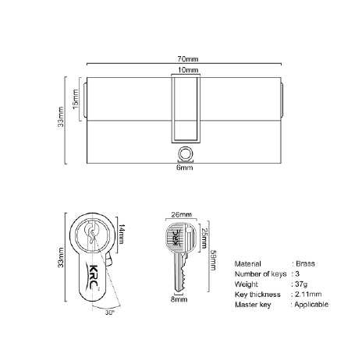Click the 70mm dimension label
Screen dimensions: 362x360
pyautogui.click(x=188, y=59)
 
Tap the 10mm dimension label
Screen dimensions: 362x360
pyautogui.click(x=188, y=70)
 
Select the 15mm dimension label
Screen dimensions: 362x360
pyautogui.click(x=75, y=99)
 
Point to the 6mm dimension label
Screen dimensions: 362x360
pyautogui.click(x=185, y=168)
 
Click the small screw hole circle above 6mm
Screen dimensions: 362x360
pyautogui.click(x=186, y=153)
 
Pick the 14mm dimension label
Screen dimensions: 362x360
pyautogui.click(x=122, y=234)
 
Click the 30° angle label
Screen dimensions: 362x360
pyautogui.click(x=110, y=312)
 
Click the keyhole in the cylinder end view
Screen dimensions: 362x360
pyautogui.click(x=91, y=231)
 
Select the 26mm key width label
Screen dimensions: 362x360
pyautogui.click(x=181, y=214)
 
